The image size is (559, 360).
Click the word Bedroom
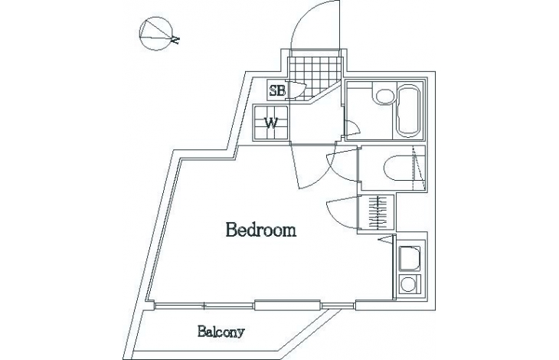261,230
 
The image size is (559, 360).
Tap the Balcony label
221,332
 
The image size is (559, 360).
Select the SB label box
277,90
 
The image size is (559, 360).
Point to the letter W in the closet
272,123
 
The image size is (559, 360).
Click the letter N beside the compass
175,40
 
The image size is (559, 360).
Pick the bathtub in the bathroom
409,111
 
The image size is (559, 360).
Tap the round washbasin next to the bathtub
383,97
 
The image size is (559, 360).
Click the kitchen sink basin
409,258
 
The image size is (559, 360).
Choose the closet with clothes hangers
376,212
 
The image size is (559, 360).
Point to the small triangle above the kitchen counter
385,239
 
